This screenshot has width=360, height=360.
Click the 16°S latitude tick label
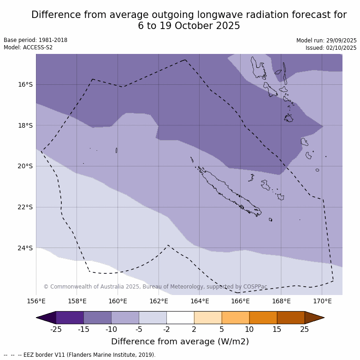pos(25,84)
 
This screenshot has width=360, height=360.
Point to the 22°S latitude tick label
pos(25,207)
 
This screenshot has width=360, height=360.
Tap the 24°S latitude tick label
pos(25,248)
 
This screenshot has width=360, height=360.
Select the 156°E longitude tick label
pos(36,301)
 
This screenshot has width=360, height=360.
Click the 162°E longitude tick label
pos(159,301)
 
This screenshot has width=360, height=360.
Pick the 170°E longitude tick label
pos(322,301)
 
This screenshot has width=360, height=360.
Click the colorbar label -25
pos(56,329)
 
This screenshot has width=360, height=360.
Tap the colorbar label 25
pos(305,329)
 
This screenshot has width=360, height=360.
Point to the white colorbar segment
pos(180,318)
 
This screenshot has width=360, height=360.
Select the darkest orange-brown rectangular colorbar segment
pos(291,318)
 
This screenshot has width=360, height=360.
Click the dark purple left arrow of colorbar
pos(47,318)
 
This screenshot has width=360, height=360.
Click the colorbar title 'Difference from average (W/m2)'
pos(180,342)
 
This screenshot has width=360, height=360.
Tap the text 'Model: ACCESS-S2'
pos(28,47)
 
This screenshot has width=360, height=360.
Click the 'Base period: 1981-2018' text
pos(35,40)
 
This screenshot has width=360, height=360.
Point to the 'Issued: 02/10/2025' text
pos(331,48)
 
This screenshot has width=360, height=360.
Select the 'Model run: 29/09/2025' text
pos(326,41)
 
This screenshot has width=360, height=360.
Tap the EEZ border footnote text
pos(80,355)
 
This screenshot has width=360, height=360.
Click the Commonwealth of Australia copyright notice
pos(155,287)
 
